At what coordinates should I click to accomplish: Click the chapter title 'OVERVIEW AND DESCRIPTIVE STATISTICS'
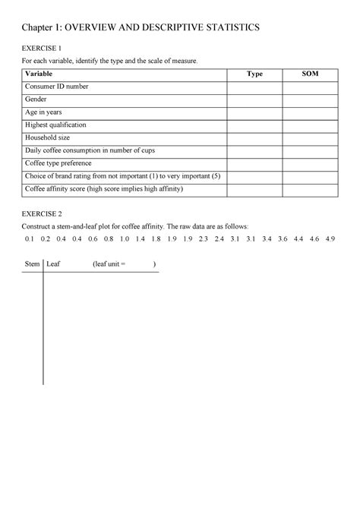[x=161, y=27]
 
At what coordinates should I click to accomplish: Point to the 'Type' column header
[x=255, y=74]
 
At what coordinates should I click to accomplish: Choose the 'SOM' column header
[x=310, y=74]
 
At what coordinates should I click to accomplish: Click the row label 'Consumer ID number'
[x=57, y=87]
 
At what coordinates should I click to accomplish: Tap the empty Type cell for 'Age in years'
[x=255, y=112]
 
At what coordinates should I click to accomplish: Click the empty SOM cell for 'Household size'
[x=310, y=138]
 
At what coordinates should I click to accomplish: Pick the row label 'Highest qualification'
[x=56, y=125]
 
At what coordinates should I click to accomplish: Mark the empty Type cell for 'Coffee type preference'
[x=255, y=163]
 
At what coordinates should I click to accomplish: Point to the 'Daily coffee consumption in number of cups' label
[x=95, y=150]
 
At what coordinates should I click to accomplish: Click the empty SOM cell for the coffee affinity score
[x=310, y=189]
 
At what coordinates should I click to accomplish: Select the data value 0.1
[x=30, y=238]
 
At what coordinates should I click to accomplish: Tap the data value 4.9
[x=330, y=238]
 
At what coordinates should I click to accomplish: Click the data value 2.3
[x=203, y=238]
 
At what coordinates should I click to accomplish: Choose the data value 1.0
[x=125, y=238]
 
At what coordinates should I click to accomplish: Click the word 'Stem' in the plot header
[x=33, y=264]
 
